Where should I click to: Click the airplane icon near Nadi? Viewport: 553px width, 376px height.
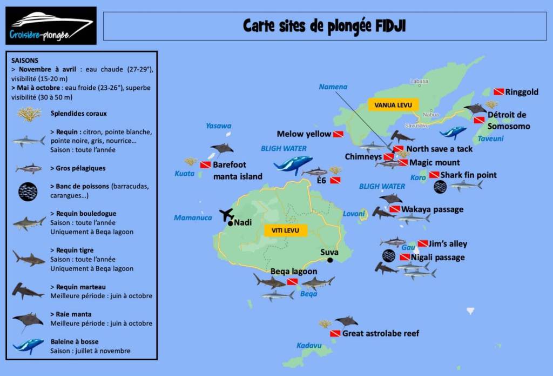tap(227, 214)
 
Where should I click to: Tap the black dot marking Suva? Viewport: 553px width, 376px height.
tap(329, 260)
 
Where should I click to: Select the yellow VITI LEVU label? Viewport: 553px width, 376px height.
tap(286, 230)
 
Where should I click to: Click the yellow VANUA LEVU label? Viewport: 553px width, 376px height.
tap(386, 105)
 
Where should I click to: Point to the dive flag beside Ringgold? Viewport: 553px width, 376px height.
tap(498, 92)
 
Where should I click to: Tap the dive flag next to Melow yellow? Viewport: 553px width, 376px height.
tap(339, 134)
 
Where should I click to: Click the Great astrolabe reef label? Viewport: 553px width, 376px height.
tap(381, 333)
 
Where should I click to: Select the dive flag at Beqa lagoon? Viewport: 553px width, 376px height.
tap(292, 282)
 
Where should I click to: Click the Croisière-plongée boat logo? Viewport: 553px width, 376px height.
tap(51, 25)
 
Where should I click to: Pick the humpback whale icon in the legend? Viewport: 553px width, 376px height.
tap(28, 345)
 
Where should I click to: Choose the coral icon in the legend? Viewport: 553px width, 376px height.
tap(29, 114)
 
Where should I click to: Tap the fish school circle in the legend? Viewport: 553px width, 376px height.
tap(28, 191)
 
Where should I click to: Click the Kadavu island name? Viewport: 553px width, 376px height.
tap(309, 345)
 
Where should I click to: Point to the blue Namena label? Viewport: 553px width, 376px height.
tap(333, 87)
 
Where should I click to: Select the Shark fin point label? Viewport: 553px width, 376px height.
tap(468, 175)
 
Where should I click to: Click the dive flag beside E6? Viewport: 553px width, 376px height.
tap(335, 180)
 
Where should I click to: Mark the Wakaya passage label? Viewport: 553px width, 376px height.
tap(432, 209)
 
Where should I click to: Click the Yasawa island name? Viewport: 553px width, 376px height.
tap(218, 126)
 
